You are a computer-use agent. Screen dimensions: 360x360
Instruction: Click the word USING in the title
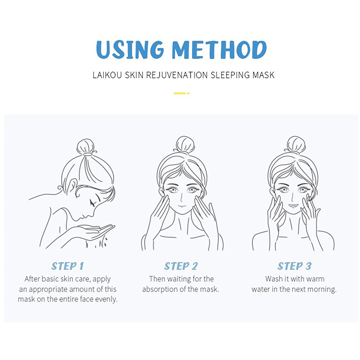click(130, 49)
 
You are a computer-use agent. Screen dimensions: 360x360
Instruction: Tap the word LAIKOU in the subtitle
click(107, 75)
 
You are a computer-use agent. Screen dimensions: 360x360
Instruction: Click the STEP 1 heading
click(67, 266)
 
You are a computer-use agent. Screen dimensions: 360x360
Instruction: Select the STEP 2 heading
click(181, 266)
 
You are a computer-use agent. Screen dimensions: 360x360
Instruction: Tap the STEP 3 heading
click(294, 266)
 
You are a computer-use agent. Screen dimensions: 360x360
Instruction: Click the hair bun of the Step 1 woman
click(85, 147)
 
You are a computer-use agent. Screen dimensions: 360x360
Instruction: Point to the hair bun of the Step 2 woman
click(185, 144)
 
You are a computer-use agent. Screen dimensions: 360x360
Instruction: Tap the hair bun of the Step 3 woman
click(296, 144)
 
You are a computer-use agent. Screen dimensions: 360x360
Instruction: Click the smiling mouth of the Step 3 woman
click(293, 206)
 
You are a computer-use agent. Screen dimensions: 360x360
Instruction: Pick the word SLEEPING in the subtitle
click(230, 75)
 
